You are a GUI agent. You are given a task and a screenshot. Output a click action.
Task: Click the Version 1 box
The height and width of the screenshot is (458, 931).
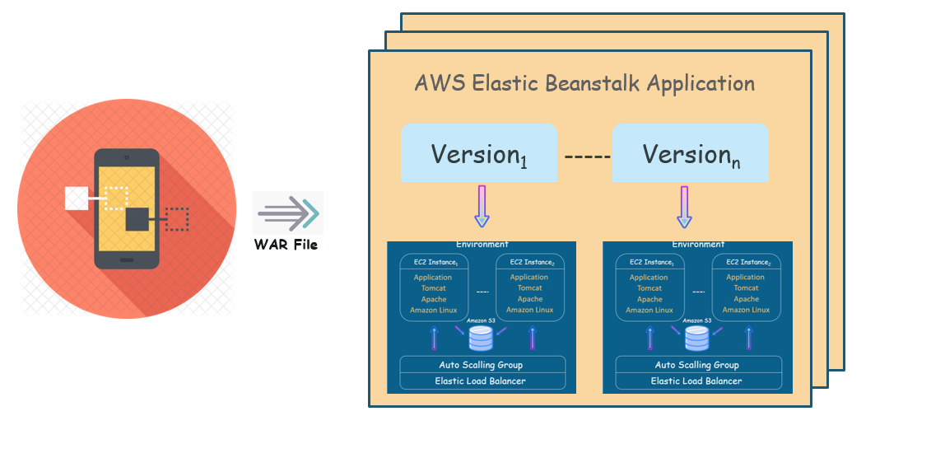point(479,153)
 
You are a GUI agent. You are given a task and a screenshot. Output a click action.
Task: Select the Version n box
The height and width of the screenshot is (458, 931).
point(690,153)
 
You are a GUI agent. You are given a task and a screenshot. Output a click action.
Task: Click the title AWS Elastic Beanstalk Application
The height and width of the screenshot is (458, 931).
point(584,83)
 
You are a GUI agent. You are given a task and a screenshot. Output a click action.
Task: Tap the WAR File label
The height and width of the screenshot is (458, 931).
point(286,245)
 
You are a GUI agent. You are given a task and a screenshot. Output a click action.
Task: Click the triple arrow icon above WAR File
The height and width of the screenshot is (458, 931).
point(287,213)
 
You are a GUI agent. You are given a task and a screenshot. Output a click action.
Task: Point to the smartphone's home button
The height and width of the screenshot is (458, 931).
point(126,259)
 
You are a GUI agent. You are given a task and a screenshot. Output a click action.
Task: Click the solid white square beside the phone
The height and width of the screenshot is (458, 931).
point(77,199)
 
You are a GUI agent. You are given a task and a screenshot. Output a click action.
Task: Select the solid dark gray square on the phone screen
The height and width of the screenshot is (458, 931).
point(137,219)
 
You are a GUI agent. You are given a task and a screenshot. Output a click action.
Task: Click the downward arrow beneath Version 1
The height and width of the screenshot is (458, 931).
point(482,206)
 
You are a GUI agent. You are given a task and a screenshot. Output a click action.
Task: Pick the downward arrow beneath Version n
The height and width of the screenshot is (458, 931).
point(684,206)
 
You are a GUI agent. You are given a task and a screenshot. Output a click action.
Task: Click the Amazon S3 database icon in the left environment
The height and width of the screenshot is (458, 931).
point(481,338)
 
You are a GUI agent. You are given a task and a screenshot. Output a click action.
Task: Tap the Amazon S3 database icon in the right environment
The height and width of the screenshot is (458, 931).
point(696,338)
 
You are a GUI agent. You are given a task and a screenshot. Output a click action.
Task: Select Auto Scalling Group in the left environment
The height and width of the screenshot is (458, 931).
point(481,365)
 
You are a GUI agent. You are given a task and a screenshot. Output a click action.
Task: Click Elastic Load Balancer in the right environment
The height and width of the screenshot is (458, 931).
point(696,381)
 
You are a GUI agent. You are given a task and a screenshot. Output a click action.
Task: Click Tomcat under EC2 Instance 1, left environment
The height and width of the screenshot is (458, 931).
point(433,288)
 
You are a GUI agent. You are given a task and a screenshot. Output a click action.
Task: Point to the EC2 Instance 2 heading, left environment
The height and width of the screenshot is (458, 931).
point(529,262)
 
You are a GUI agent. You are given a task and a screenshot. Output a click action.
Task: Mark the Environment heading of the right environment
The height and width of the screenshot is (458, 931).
point(698,245)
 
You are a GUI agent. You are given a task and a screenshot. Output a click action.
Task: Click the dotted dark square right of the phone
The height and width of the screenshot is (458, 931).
point(176,219)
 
